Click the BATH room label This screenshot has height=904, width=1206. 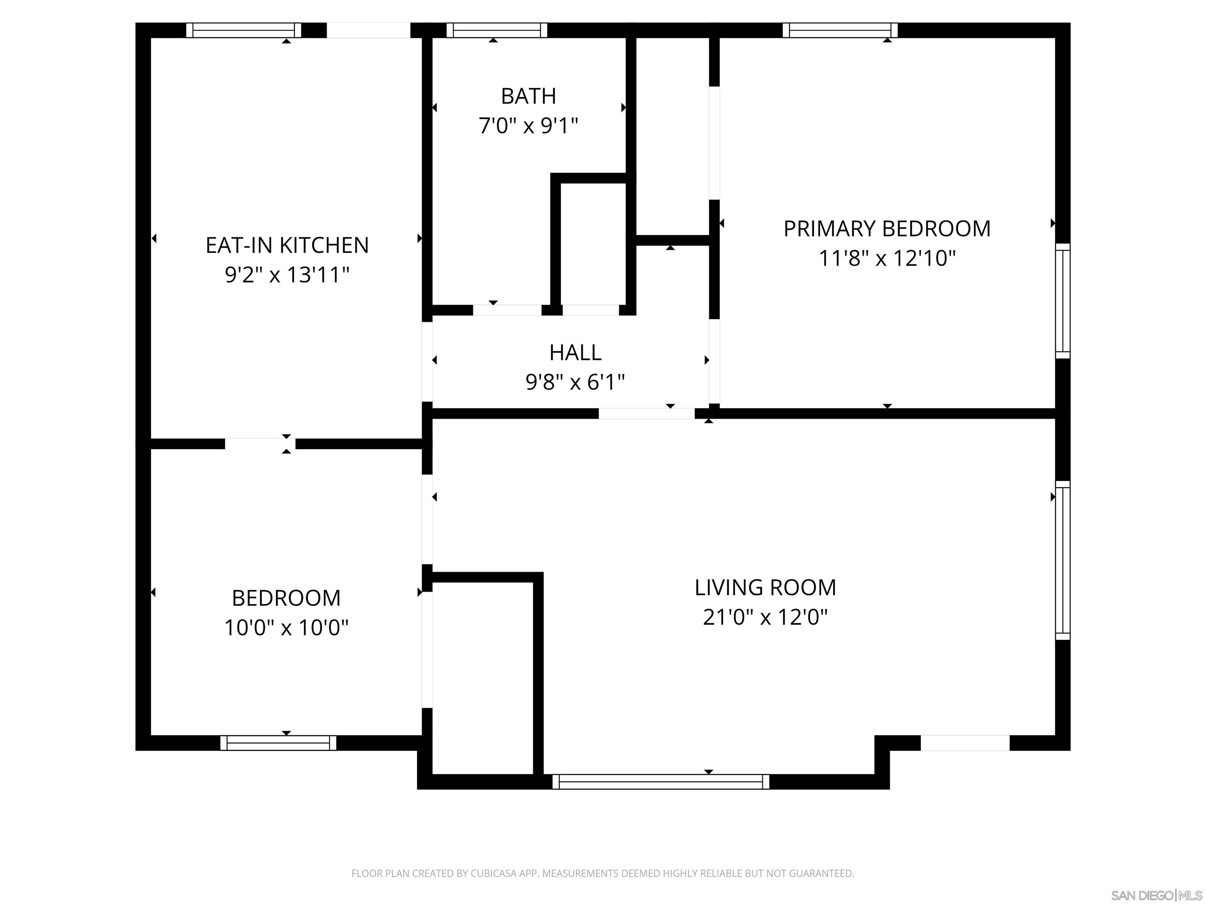pos(528,97)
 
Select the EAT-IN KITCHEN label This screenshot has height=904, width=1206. pos(287,245)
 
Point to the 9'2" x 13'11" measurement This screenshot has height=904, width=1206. pos(287,275)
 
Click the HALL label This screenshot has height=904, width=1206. pos(575,353)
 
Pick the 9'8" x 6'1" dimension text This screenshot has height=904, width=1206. pos(575,382)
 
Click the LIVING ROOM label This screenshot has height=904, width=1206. pos(765,587)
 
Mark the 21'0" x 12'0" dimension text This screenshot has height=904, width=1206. pos(765,617)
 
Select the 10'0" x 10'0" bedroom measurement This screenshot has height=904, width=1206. pos(286,628)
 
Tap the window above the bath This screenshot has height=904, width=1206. pos(497,30)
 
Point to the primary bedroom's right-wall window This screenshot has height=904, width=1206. pos(1063,301)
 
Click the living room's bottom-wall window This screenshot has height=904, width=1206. pos(661,782)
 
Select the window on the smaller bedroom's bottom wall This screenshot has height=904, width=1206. pos(278,743)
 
